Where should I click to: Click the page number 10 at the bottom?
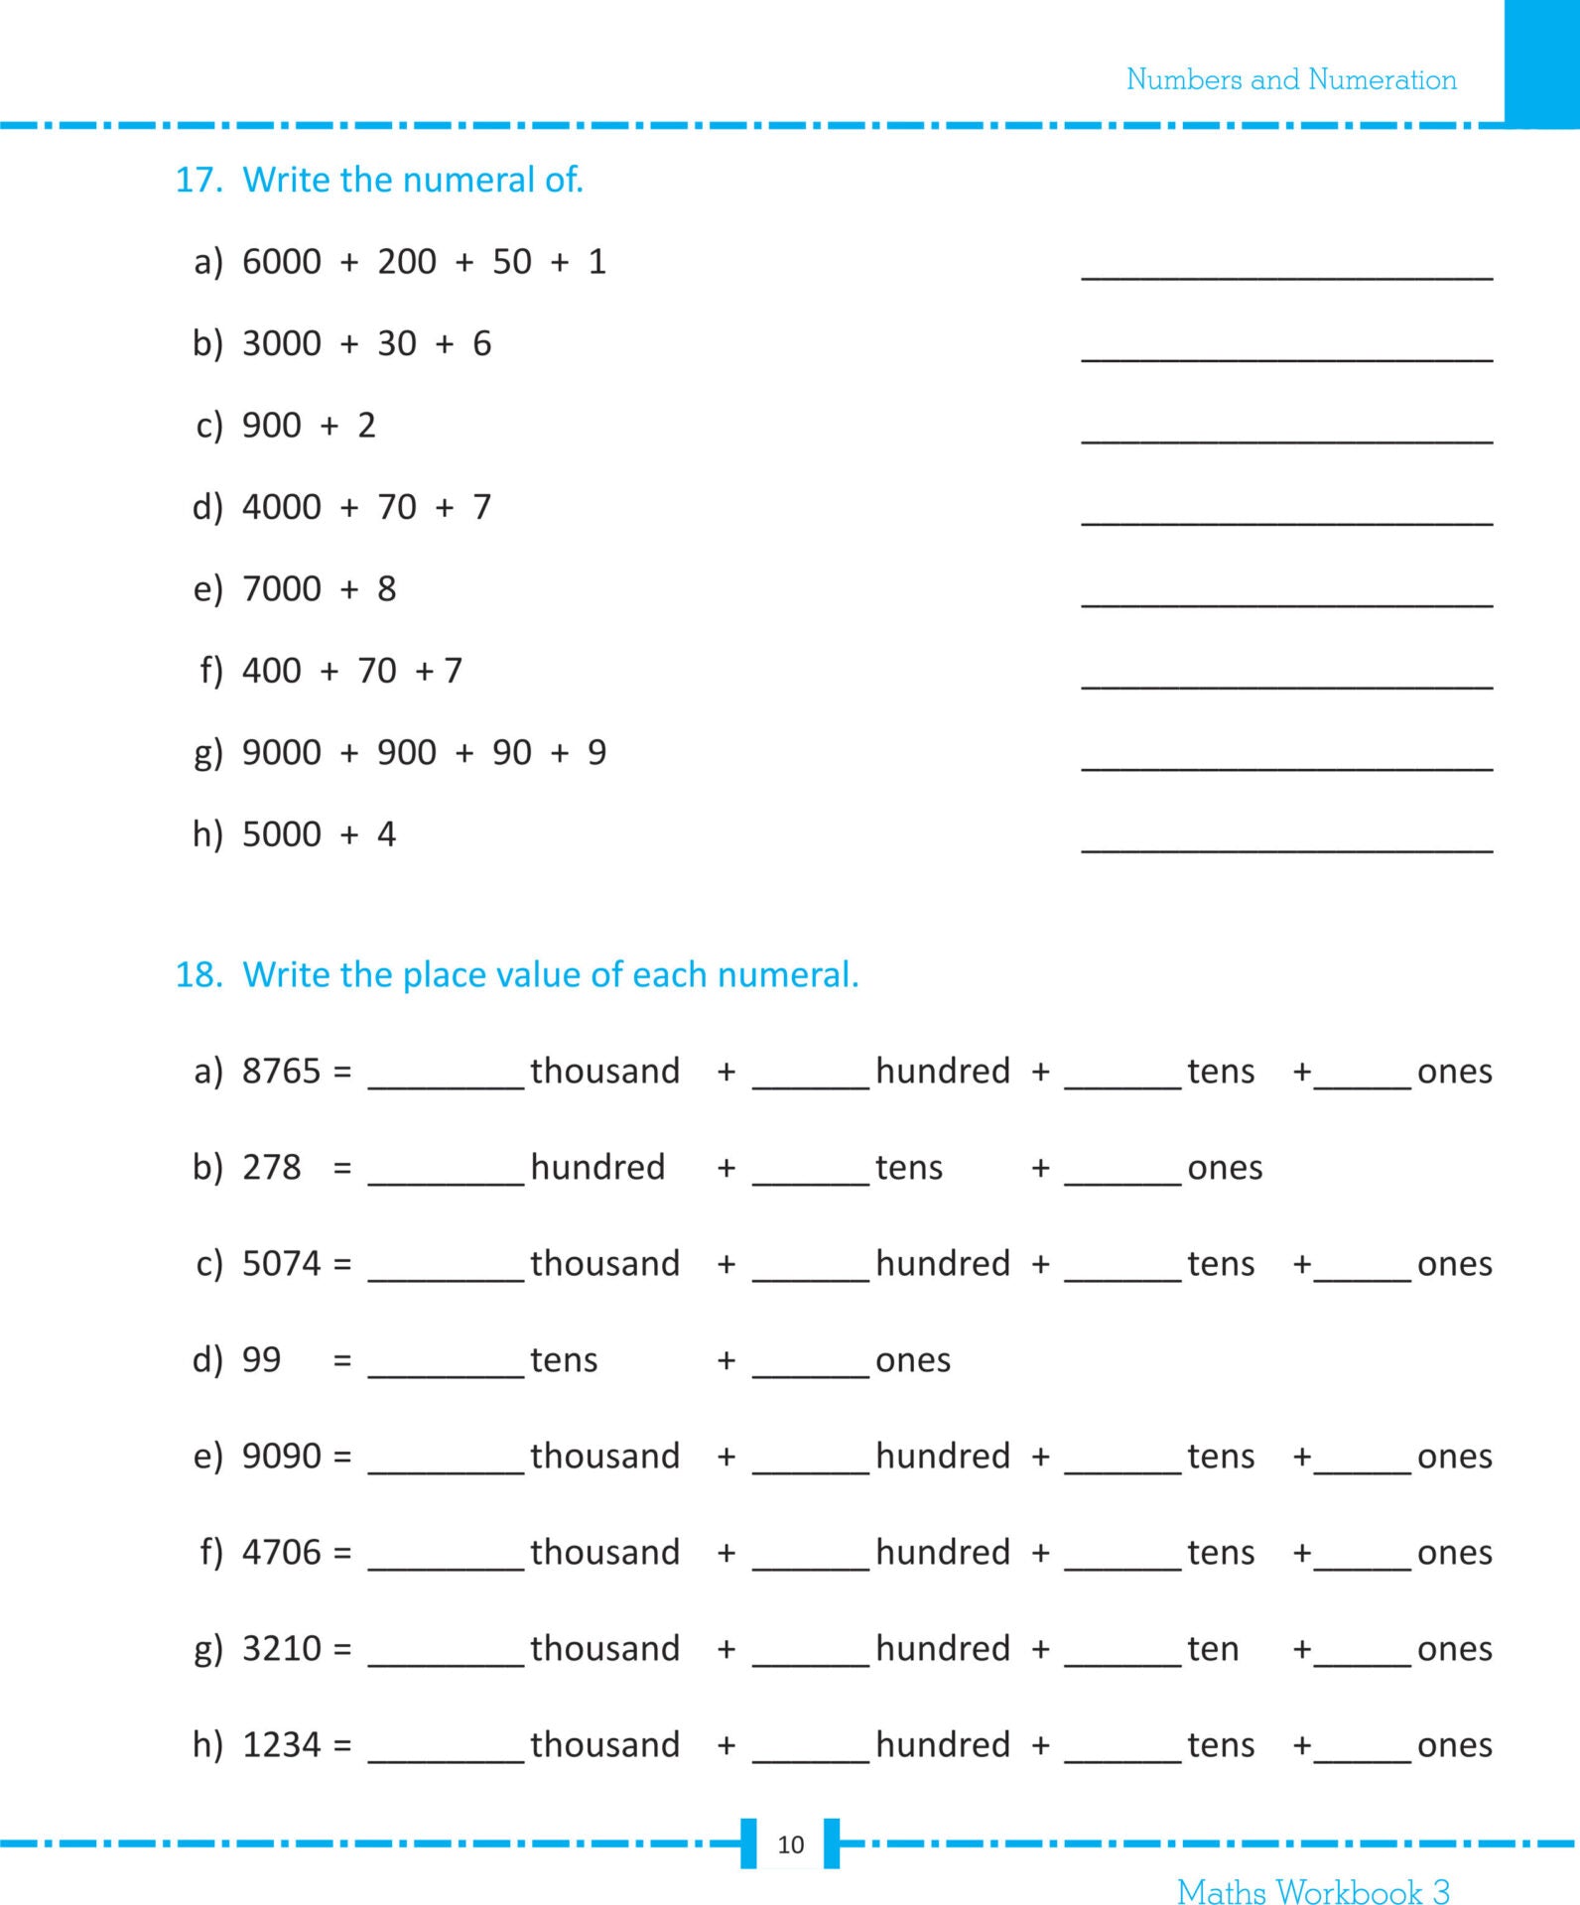(x=790, y=1844)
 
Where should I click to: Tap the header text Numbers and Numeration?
(x=1290, y=79)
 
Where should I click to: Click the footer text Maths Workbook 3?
(x=1312, y=1891)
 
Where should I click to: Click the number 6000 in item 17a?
(x=282, y=262)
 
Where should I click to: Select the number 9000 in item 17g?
(x=282, y=752)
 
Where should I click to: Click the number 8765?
(x=282, y=1072)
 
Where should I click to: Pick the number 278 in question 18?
(x=271, y=1168)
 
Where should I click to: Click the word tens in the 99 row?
(x=564, y=1360)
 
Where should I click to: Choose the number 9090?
(x=282, y=1457)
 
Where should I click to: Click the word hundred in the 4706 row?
(x=942, y=1552)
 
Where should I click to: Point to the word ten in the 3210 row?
(x=1213, y=1649)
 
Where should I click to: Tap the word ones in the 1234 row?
(x=1454, y=1745)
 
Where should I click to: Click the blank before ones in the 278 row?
(x=1122, y=1180)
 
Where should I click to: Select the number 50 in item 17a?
(x=512, y=262)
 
